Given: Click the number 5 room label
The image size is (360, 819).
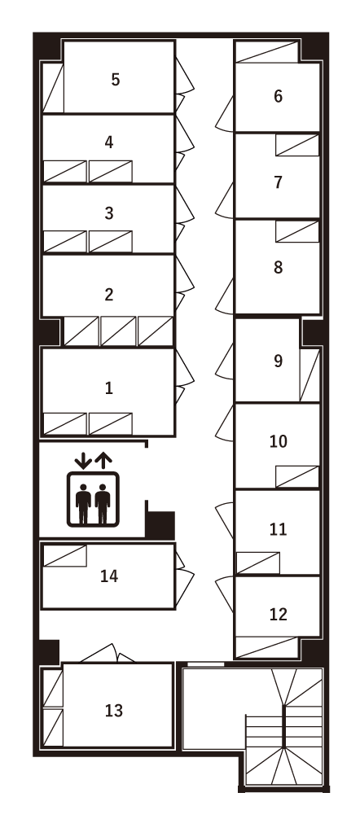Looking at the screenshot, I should coord(116,80).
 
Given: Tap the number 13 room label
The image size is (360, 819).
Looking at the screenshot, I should coord(114,710).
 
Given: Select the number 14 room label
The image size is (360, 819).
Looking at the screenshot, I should coord(109,576).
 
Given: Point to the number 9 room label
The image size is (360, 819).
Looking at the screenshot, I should coord(278,361).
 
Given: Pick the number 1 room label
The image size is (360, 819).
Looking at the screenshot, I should coord(108,388).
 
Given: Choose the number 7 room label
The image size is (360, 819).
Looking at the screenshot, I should coord(278,182).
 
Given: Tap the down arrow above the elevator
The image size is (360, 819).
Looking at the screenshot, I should coord(82,459).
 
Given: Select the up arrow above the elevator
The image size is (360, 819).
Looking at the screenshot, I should coord(103,459).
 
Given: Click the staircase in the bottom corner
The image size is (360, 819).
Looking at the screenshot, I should coord(285,729).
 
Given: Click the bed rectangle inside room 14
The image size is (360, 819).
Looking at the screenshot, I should coord(64,556).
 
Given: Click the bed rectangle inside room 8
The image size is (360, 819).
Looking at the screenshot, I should coord(296,231).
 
